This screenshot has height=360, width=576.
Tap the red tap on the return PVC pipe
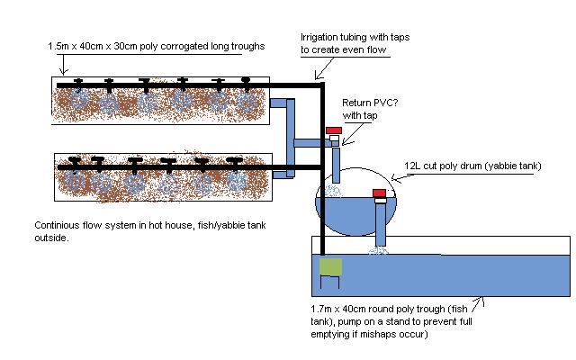pos(334,131)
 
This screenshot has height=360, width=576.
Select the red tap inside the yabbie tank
pos(379,193)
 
